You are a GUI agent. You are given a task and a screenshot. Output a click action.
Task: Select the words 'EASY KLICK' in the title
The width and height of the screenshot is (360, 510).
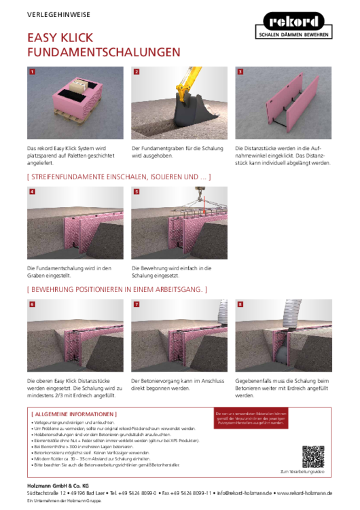click(x=60, y=37)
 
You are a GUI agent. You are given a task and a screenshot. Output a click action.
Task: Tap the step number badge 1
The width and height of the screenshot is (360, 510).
click(x=32, y=71)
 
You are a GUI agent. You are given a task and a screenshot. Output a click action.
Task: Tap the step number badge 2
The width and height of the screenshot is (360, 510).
click(x=136, y=71)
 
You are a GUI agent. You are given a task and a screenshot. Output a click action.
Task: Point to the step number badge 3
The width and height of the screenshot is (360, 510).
click(x=240, y=71)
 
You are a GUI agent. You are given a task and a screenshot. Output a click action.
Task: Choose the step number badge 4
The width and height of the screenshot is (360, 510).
click(x=32, y=192)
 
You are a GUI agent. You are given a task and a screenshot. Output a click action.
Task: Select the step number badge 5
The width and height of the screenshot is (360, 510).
click(x=136, y=192)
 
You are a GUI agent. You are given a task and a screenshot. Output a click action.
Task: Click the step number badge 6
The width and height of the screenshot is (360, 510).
click(x=32, y=305)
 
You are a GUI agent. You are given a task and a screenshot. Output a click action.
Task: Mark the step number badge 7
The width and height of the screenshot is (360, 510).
click(x=136, y=305)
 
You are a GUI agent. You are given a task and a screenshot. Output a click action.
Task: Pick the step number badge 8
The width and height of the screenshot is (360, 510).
click(x=240, y=305)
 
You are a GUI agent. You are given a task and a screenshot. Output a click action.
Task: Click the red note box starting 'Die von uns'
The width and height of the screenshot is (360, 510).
click(x=251, y=418)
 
